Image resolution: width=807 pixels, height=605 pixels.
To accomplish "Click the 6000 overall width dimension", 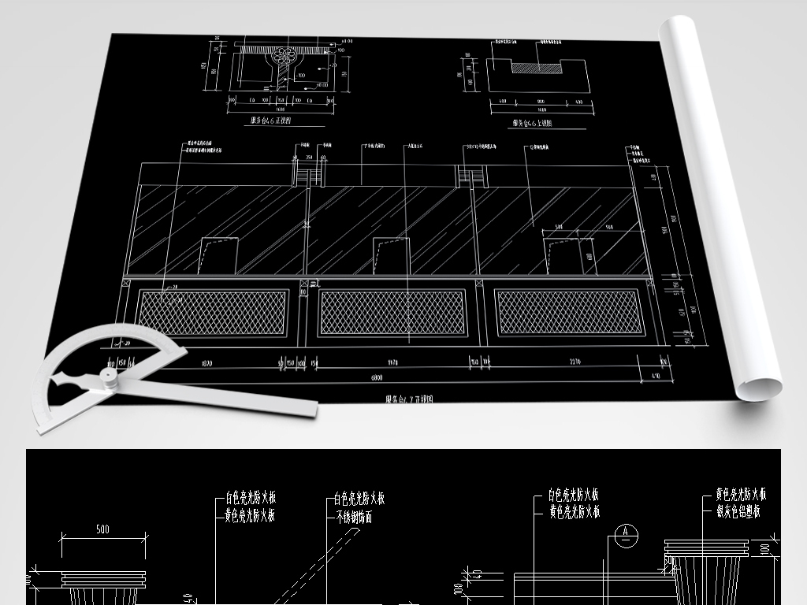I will (x=377, y=377).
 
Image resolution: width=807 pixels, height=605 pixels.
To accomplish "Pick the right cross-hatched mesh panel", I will (x=569, y=312).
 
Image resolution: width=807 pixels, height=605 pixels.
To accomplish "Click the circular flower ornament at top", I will (x=284, y=57).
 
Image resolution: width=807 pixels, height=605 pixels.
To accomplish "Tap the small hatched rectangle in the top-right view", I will (x=535, y=69).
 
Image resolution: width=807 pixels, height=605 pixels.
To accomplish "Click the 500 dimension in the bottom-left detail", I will (x=102, y=529).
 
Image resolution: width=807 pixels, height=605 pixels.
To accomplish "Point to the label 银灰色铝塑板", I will (x=738, y=512).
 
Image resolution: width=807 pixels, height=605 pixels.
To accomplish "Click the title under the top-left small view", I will (x=270, y=121).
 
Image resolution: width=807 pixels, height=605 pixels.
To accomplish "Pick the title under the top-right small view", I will (x=532, y=123).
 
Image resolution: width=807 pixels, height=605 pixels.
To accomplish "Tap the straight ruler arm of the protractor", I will (x=236, y=398).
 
